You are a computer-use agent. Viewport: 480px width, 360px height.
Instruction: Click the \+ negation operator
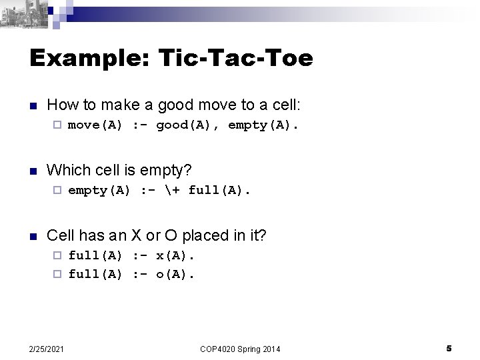(x=172, y=191)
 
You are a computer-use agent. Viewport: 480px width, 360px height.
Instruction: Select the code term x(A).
(x=177, y=256)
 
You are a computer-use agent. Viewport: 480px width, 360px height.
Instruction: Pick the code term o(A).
(x=177, y=273)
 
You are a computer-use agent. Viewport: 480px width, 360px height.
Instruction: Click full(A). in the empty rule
(x=219, y=191)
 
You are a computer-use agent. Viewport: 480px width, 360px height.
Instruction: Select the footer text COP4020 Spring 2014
(x=239, y=349)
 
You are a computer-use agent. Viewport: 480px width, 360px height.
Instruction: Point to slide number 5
(x=449, y=348)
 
